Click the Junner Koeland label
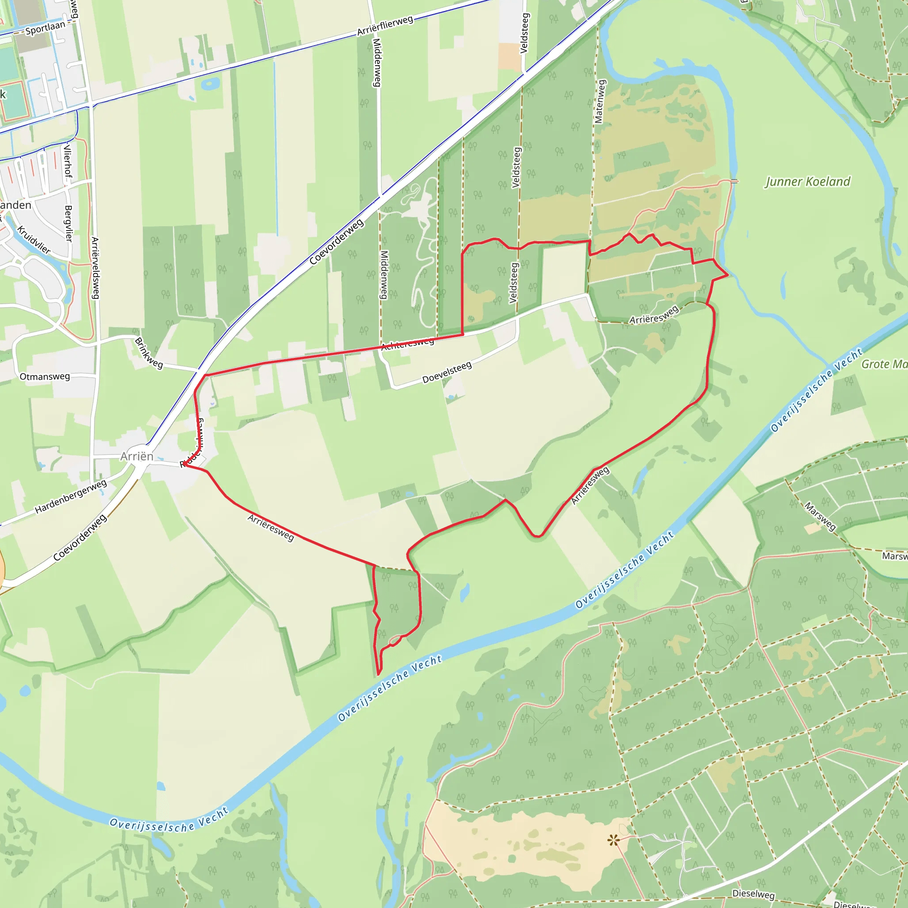pos(807,182)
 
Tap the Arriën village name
pos(137,456)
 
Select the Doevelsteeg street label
pos(446,372)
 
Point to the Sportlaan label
pos(45,28)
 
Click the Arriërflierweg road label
pos(385,25)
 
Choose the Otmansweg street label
pos(45,376)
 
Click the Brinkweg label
pos(149,353)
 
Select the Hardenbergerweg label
pos(71,496)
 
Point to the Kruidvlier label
pos(34,240)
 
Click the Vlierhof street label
pos(68,161)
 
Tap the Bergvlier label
pos(69,223)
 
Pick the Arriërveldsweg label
pos(95,268)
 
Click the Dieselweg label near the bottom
pos(753,893)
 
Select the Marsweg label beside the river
pos(820,516)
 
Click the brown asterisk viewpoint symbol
pos(613,840)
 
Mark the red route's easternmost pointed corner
pos(728,275)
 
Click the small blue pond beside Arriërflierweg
pos(210,84)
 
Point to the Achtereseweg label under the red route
pos(407,344)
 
